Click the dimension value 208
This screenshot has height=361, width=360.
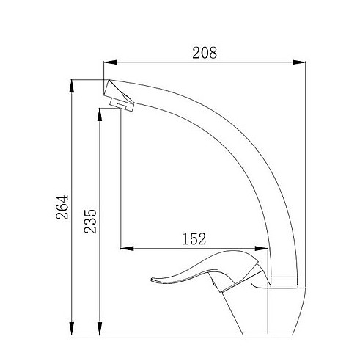(x=205, y=53)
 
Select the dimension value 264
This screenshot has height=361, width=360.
(x=62, y=207)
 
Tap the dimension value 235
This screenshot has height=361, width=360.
(x=90, y=222)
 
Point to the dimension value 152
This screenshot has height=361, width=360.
(x=194, y=239)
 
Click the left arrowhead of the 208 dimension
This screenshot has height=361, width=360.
(x=110, y=62)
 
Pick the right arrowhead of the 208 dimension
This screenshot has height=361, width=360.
(x=299, y=62)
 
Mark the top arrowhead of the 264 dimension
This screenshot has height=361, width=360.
(x=72, y=86)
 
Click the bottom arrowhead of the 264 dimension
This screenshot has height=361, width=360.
(x=72, y=328)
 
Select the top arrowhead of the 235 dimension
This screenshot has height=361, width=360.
(x=100, y=114)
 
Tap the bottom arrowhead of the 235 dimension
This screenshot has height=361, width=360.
(x=100, y=328)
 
